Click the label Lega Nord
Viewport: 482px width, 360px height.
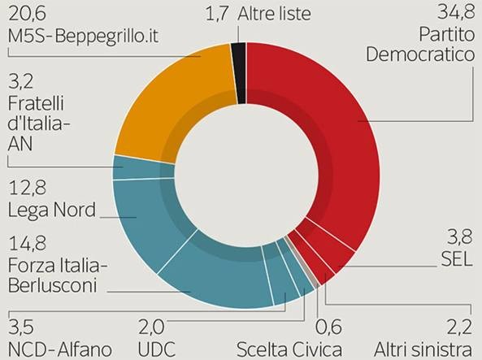[51, 210]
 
